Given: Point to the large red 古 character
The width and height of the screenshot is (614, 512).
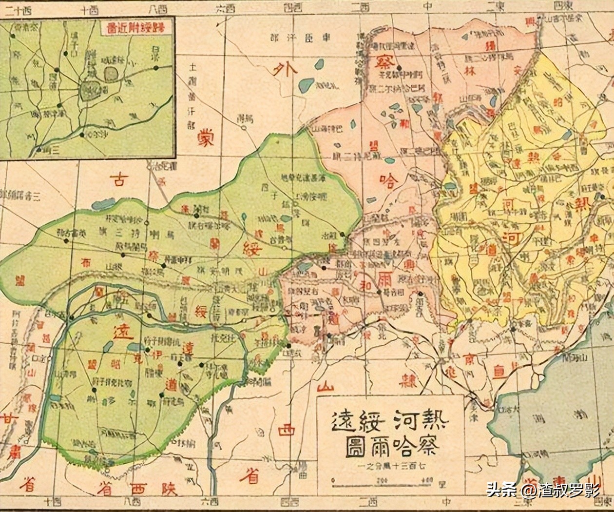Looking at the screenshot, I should pos(119,179).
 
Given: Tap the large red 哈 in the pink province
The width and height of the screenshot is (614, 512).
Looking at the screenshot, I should pos(389,181).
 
